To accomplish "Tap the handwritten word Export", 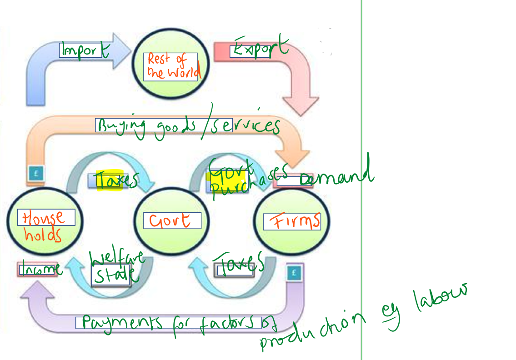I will (259, 48).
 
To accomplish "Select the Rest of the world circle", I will (170, 66).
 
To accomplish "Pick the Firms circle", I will (291, 222).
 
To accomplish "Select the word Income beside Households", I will (40, 269).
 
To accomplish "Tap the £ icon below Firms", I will (294, 273).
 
